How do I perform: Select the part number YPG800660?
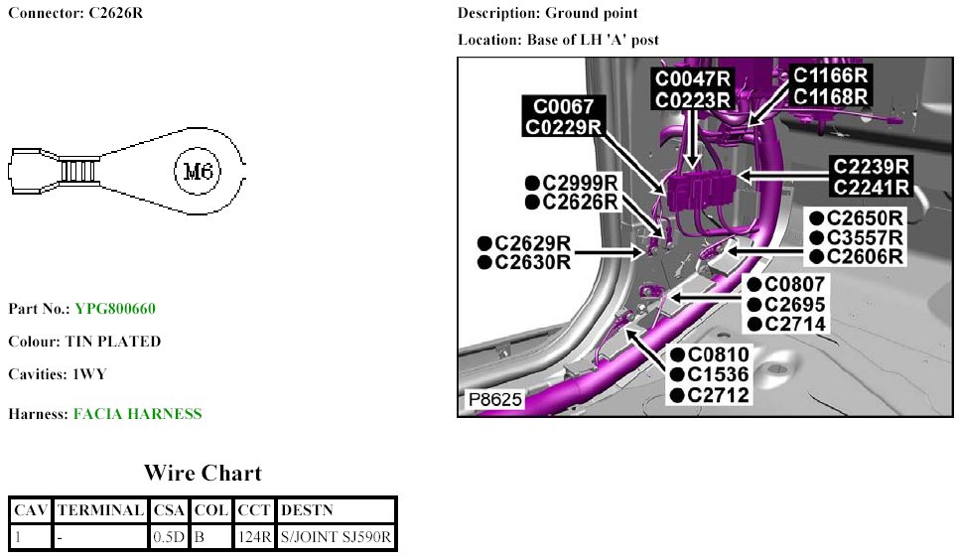[115, 309]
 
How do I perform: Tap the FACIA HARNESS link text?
[137, 414]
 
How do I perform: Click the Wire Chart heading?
[203, 473]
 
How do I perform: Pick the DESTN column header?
[308, 510]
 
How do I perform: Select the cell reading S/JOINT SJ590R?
[338, 538]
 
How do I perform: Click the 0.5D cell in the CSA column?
[169, 538]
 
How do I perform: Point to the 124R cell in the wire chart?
[255, 538]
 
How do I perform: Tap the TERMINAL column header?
[101, 510]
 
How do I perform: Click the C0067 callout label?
[564, 106]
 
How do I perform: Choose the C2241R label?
[871, 186]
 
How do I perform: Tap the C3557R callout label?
[864, 237]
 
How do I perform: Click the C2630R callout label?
[533, 262]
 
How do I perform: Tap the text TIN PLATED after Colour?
[113, 342]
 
